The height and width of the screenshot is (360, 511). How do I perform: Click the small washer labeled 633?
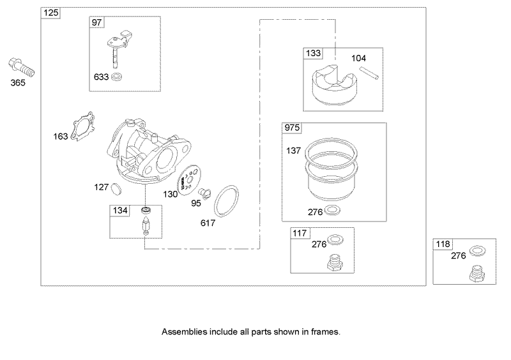116,78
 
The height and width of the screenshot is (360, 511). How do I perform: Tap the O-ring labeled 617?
227,201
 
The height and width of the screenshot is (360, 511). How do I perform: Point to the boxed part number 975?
291,128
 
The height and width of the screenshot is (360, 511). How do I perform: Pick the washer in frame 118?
475,250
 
